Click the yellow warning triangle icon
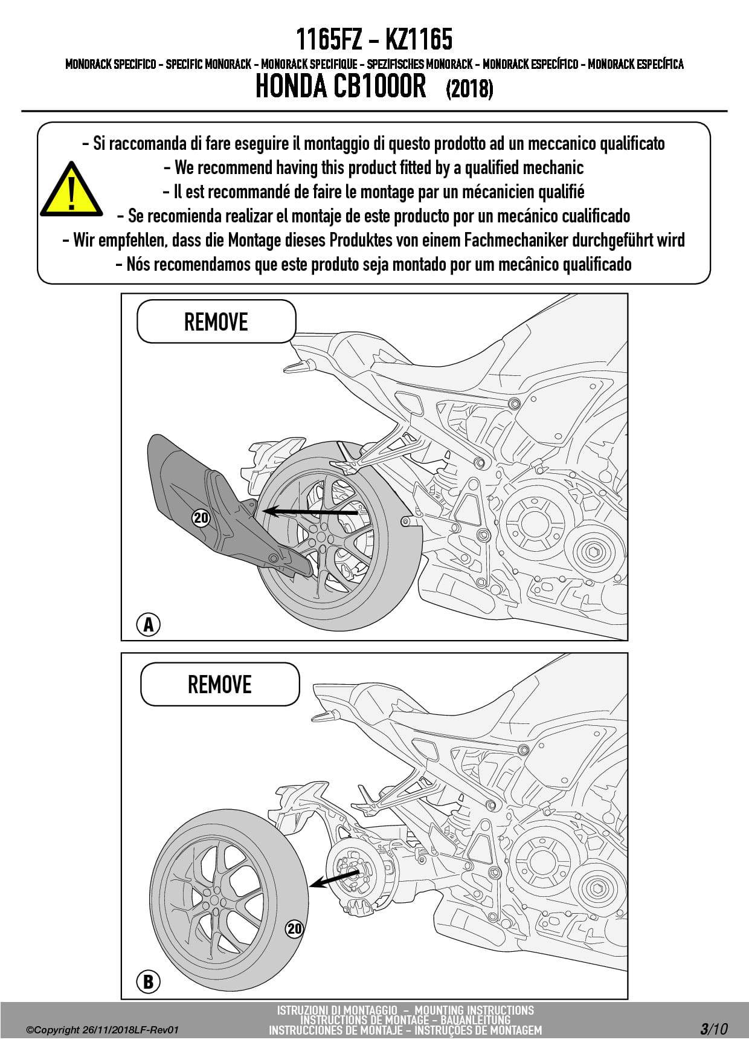tap(71, 191)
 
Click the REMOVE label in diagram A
tap(216, 322)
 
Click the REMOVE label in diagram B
tap(220, 684)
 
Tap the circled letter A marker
tap(149, 624)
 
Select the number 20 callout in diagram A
tap(201, 518)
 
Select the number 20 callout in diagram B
tap(294, 929)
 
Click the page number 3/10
tap(714, 1029)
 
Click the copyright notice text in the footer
tap(103, 1030)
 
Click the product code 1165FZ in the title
tap(329, 40)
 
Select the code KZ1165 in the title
tap(419, 40)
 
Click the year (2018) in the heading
tap(469, 89)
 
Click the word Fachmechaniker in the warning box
tap(516, 241)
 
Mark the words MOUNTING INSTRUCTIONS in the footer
tap(474, 1010)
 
